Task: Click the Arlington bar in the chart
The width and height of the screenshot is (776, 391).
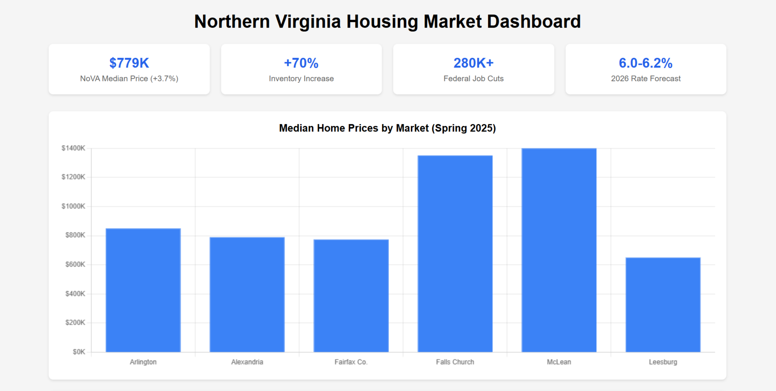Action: [x=143, y=290]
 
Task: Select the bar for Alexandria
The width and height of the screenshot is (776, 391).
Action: [x=247, y=294]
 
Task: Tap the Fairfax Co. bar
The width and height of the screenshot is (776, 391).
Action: [x=351, y=295]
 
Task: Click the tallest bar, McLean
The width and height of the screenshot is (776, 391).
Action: [x=559, y=250]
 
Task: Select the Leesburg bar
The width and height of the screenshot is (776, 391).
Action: [x=663, y=304]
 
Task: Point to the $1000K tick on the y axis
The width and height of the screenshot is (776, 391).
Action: [x=73, y=206]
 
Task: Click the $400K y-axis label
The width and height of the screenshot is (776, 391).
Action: [x=75, y=294]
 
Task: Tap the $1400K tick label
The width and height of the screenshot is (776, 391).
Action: [x=73, y=148]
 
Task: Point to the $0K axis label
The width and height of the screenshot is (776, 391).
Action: [x=79, y=352]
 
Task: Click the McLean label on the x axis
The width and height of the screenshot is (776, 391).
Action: [x=559, y=362]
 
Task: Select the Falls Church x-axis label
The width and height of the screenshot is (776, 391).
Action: [x=455, y=362]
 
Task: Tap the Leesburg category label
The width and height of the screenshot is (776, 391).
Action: [x=663, y=362]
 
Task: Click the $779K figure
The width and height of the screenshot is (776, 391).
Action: [x=129, y=63]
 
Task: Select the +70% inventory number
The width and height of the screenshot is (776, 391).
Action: [x=301, y=63]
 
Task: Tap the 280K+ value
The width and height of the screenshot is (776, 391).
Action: [x=473, y=63]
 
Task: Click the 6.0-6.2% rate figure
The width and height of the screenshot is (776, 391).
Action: [x=645, y=63]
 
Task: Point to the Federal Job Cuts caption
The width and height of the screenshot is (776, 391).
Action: [x=473, y=79]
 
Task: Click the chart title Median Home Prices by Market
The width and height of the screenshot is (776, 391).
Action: [x=387, y=128]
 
